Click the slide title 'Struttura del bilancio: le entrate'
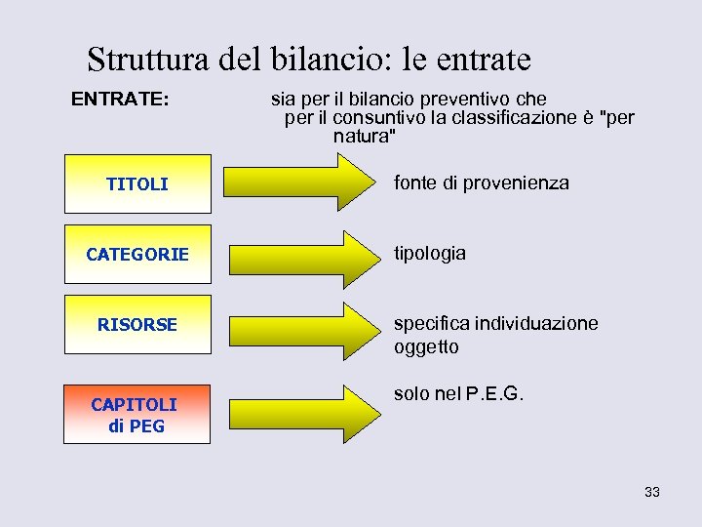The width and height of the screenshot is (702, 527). (x=308, y=60)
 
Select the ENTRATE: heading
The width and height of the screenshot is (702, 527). (x=120, y=100)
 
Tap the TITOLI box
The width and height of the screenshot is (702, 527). (x=137, y=183)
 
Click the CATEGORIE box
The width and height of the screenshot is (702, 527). (x=137, y=254)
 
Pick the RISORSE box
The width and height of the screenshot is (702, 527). (x=137, y=324)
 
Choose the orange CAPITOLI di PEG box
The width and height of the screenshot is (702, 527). (x=137, y=415)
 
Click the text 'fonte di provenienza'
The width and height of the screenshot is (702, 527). (x=481, y=182)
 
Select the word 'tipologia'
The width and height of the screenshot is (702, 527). (x=429, y=253)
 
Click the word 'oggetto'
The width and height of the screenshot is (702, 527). (x=426, y=346)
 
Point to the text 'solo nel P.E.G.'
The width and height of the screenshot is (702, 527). (x=458, y=394)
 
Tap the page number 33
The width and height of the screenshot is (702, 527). (x=651, y=492)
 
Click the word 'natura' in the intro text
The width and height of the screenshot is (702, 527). (x=363, y=136)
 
